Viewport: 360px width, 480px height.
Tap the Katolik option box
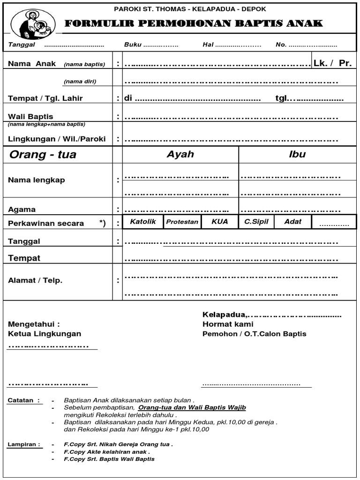click(x=142, y=222)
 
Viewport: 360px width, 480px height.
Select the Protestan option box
click(x=182, y=222)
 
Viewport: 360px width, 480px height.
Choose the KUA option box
click(x=219, y=222)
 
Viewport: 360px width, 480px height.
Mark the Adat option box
click(x=293, y=222)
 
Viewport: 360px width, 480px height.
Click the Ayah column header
click(x=180, y=154)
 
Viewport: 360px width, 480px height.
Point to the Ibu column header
click(x=297, y=154)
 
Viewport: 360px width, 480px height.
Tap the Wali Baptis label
click(x=30, y=116)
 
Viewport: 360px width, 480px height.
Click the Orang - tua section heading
click(x=43, y=155)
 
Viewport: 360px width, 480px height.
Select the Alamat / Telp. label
click(x=35, y=280)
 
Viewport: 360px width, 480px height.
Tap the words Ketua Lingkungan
click(x=45, y=334)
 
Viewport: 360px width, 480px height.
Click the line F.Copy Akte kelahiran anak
click(x=107, y=452)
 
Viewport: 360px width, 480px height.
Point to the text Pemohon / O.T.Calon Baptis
click(x=254, y=334)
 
